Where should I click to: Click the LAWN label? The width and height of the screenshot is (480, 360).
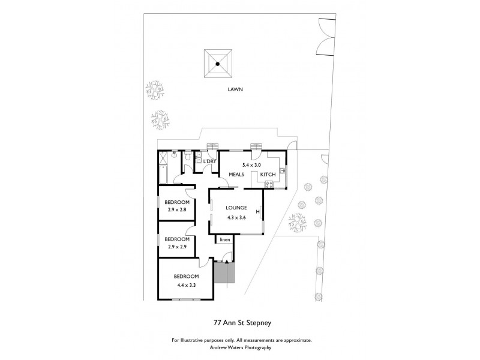[235, 89]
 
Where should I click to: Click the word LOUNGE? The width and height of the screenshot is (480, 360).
[235, 208]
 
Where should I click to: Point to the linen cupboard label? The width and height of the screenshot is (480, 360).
[224, 240]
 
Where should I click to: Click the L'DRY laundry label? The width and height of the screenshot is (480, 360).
[209, 162]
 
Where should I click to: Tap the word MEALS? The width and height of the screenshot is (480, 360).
[235, 175]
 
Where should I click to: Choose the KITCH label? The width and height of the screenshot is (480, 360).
[268, 175]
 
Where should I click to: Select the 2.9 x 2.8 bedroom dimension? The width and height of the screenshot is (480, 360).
[177, 209]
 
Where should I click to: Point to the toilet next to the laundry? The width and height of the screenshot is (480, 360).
[188, 157]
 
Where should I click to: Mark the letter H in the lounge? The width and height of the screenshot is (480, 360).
[257, 211]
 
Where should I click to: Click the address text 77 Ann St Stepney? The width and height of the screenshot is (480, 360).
[240, 322]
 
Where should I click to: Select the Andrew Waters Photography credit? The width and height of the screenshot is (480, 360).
[240, 347]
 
